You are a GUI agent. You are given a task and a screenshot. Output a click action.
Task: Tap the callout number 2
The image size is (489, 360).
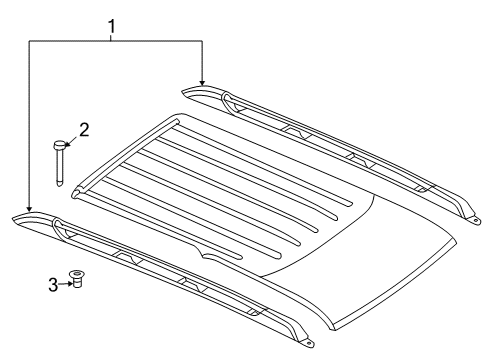click(84, 128)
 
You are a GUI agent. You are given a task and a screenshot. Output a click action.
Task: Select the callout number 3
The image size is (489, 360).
click(53, 284)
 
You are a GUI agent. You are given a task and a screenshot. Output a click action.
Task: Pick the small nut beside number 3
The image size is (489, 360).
click(74, 280)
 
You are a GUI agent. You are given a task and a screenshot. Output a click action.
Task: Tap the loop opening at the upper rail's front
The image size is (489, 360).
click(232, 99)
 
